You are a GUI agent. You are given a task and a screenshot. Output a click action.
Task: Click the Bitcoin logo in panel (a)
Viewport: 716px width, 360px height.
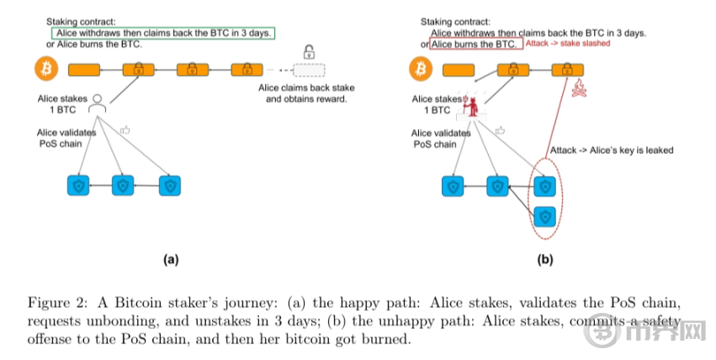point(40,68)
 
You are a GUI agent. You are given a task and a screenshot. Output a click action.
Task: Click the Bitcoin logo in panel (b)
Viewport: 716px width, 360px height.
point(417,67)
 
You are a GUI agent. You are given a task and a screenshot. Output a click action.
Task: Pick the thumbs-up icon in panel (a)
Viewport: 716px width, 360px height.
point(125,130)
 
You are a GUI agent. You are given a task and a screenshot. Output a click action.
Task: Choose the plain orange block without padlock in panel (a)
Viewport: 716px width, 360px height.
point(83,68)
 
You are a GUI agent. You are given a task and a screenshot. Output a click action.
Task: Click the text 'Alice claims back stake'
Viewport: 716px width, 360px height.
point(306,88)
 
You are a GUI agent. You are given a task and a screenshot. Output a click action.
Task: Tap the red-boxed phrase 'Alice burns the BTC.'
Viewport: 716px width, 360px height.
point(477,43)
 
